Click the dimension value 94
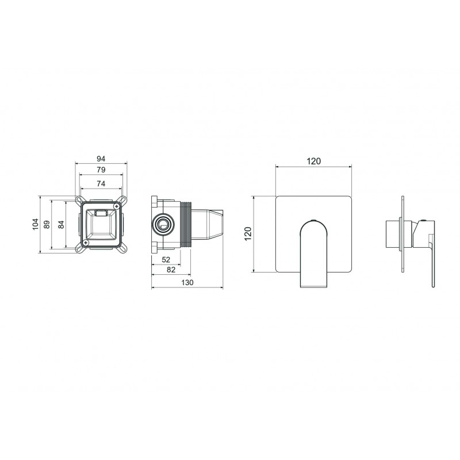[x=101, y=159]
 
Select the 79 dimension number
[x=101, y=170]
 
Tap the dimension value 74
[x=101, y=183]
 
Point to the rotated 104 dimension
[x=36, y=224]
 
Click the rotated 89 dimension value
[x=47, y=224]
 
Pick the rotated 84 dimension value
[x=61, y=225]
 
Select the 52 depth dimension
[x=166, y=260]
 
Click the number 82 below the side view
[x=171, y=270]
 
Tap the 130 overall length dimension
[x=187, y=282]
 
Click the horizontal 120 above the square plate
[x=314, y=161]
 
